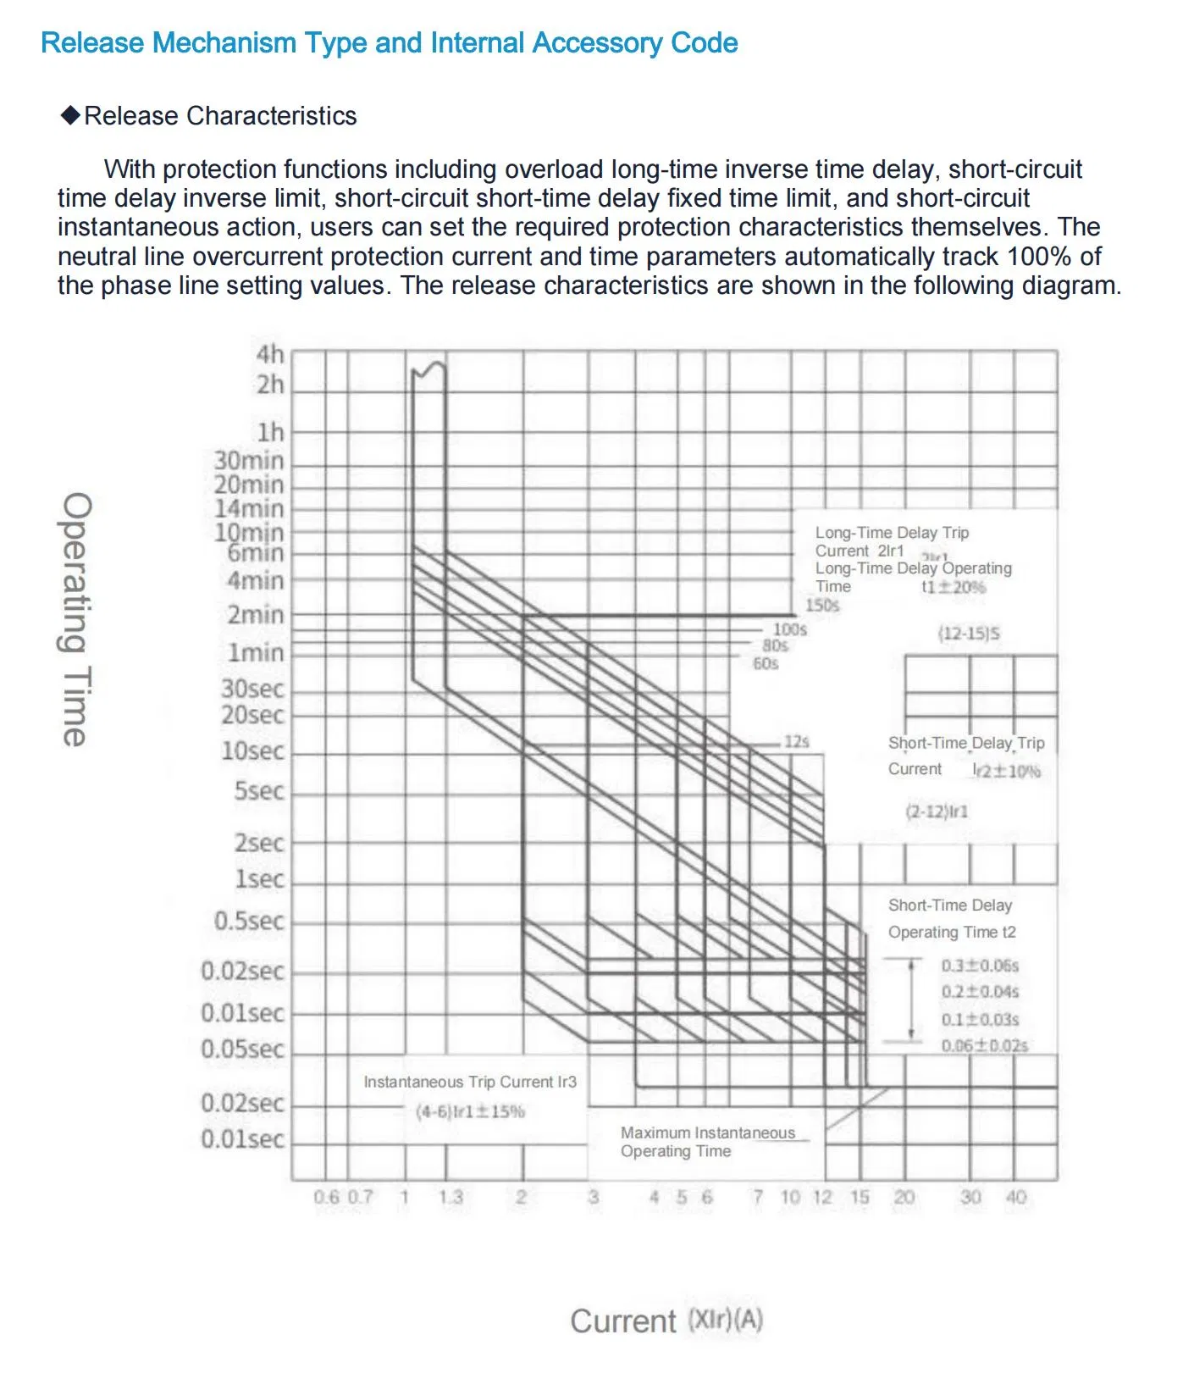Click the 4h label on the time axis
[x=270, y=354]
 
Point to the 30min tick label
[x=249, y=461]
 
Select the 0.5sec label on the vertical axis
[x=249, y=922]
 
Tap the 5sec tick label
[x=259, y=791]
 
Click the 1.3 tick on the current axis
[x=451, y=1197]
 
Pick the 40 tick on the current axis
[x=1015, y=1197]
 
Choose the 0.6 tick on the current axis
[x=326, y=1197]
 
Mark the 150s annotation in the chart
[x=822, y=606]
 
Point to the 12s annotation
[x=796, y=742]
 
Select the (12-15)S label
[x=969, y=634]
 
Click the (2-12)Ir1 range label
[x=937, y=811]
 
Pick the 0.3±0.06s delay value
[x=980, y=966]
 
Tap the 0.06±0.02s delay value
[x=984, y=1046]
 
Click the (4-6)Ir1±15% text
[x=470, y=1111]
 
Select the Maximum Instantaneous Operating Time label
[x=707, y=1142]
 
